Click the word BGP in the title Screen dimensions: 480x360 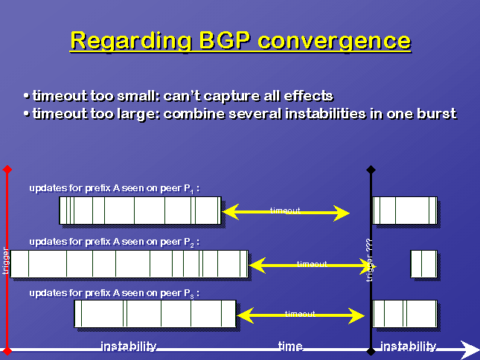click(225, 40)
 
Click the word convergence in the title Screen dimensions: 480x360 click(334, 41)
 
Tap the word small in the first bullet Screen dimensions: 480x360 click(136, 96)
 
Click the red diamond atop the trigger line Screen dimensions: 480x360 click(7, 169)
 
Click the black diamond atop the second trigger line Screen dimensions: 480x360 click(371, 169)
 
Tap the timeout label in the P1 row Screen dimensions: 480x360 click(285, 210)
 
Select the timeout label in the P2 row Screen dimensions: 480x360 click(312, 263)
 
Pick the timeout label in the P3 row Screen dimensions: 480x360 click(300, 313)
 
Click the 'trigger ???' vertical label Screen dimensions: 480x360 click(370, 260)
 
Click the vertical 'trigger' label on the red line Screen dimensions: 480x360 click(5, 260)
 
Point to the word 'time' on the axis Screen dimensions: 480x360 click(290, 346)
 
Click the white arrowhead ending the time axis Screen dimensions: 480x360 click(470, 350)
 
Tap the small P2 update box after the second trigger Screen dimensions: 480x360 click(424, 264)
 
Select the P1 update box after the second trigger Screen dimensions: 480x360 click(405, 210)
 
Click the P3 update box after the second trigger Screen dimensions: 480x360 click(405, 314)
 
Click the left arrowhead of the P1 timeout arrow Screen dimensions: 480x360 click(231, 212)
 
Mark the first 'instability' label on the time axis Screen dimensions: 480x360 click(129, 346)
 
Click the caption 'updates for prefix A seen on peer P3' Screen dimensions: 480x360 click(114, 293)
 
